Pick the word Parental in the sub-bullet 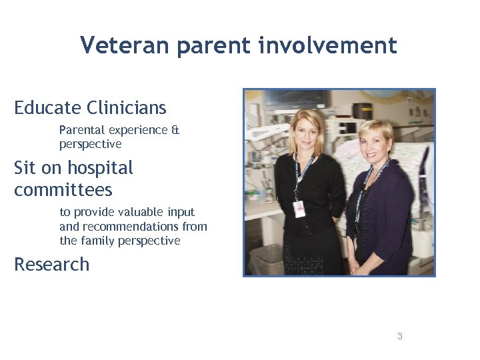81,130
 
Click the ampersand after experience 175,130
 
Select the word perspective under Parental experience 90,144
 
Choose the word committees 63,190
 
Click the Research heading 51,265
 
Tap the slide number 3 399,336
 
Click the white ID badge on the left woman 298,209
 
